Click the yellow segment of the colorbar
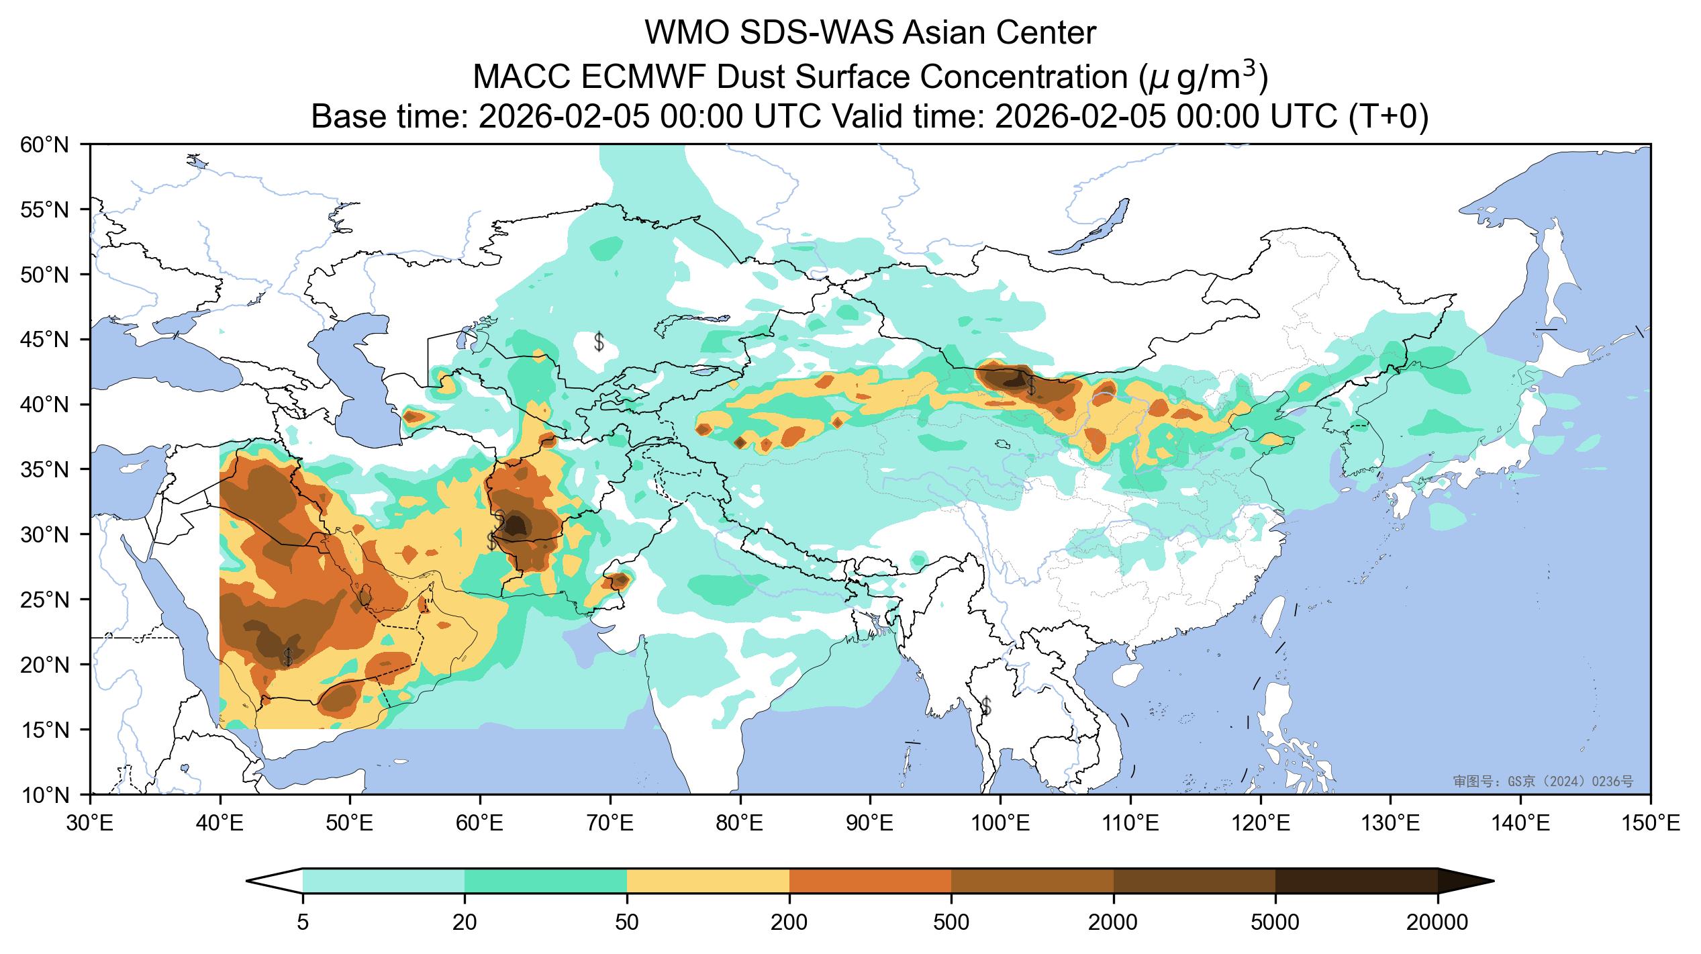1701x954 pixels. click(708, 881)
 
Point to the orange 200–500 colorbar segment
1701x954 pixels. click(870, 881)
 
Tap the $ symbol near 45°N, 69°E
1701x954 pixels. click(599, 342)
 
